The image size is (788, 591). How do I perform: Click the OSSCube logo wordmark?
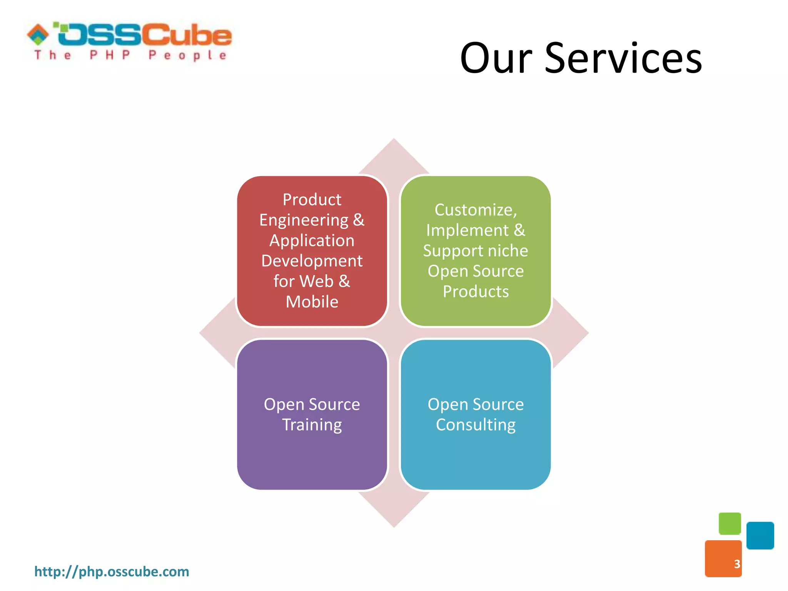144,35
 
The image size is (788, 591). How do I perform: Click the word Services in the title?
623,58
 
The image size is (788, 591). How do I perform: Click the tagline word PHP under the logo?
110,55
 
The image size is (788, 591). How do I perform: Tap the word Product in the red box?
312,200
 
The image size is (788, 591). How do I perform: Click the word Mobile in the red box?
312,302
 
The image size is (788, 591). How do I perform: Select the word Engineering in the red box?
304,220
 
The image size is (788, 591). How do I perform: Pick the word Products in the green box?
476,292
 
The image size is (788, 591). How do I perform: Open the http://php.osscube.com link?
112,571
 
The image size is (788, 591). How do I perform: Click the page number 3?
737,564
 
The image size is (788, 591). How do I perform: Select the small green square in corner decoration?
730,523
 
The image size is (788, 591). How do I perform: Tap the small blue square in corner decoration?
760,535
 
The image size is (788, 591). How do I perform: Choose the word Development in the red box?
312,261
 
